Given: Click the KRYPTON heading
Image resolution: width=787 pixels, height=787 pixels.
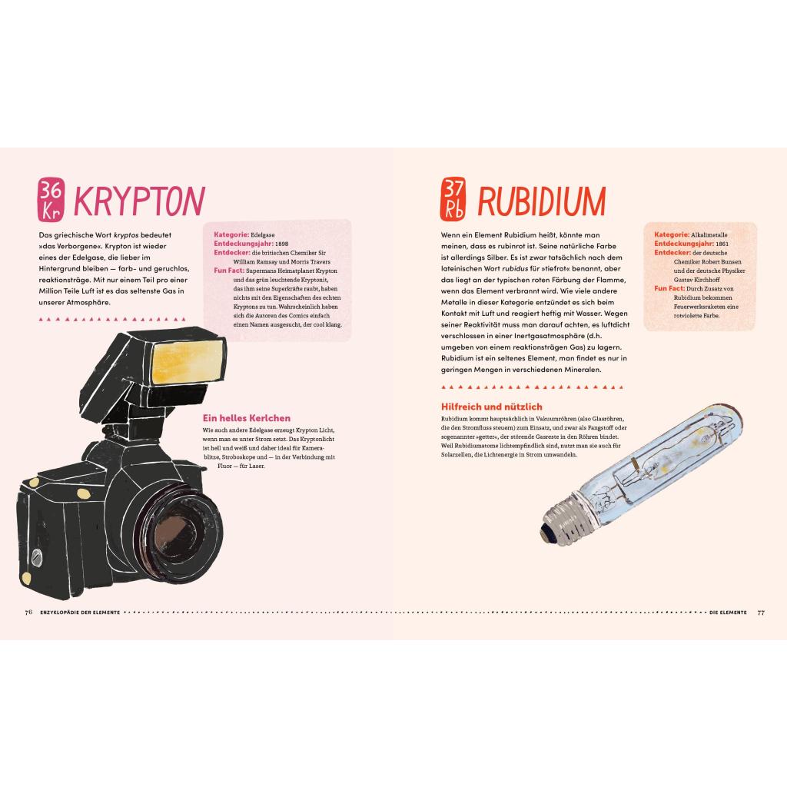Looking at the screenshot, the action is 139,201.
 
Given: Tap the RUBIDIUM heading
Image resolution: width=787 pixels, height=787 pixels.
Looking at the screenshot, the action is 542,201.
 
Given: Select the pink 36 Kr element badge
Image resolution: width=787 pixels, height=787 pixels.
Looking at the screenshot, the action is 51,199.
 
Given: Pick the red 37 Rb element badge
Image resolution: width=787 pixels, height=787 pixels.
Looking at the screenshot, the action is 453,199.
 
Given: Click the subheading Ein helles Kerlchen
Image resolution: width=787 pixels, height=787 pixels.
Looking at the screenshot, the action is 247,418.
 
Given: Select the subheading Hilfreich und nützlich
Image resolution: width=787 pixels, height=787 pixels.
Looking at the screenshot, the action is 491,407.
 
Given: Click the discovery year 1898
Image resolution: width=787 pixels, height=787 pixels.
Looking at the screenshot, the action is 281,244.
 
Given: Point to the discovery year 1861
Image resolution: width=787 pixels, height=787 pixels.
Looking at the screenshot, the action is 722,244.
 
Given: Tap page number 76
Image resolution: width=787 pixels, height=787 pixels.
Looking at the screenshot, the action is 28,613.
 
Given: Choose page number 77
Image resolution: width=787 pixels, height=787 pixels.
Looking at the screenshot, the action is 761,613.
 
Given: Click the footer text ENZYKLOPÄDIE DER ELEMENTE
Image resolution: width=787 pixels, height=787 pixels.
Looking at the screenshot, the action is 80,613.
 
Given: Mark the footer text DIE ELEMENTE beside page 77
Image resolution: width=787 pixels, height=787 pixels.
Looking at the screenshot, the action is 728,613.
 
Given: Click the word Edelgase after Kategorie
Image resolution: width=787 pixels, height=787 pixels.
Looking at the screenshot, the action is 263,234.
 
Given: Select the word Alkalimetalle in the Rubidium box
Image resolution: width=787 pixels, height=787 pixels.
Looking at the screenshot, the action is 709,234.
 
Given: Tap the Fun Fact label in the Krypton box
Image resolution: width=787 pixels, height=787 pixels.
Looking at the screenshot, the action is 229,271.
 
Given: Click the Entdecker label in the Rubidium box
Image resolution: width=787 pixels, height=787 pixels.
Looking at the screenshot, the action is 672,252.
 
